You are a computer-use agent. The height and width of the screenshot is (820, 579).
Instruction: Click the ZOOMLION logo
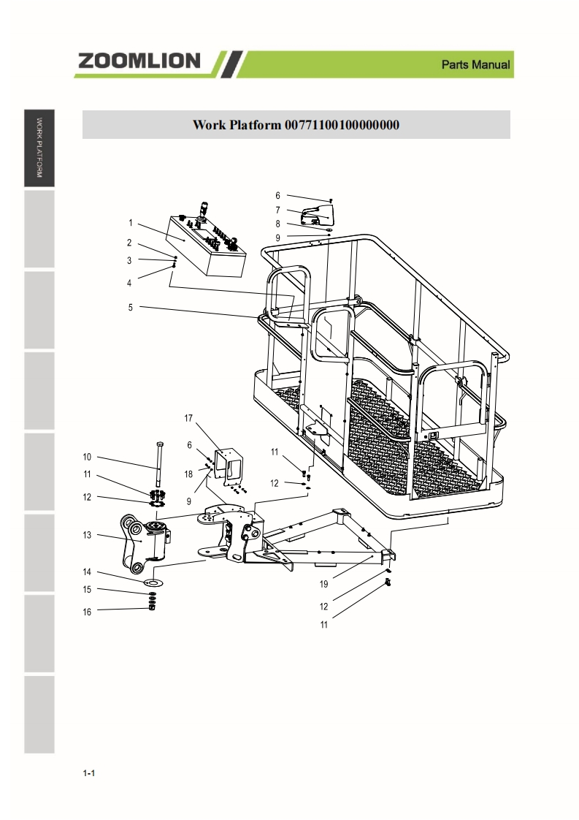coord(139,61)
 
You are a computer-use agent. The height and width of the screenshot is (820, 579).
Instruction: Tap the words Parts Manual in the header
coord(475,65)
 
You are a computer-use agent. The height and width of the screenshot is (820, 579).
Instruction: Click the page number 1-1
coord(90,773)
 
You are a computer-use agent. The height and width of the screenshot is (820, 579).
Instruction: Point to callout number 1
coord(130,223)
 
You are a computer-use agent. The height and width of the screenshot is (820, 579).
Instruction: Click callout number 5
coord(130,308)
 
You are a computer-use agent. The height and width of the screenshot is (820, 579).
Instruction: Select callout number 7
coord(277,210)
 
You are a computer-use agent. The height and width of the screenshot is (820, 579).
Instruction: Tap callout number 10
coord(86,457)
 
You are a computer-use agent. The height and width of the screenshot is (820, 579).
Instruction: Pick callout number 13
coord(86,536)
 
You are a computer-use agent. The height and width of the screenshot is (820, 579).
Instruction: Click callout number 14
coord(86,572)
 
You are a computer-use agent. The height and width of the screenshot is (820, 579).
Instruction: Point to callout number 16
coord(86,612)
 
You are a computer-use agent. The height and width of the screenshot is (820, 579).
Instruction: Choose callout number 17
coord(188,418)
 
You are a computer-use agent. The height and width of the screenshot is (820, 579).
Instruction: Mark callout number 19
coord(323,584)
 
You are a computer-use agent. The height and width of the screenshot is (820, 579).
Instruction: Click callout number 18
coord(188,474)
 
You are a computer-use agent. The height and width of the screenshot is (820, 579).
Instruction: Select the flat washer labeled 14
coord(153,582)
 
